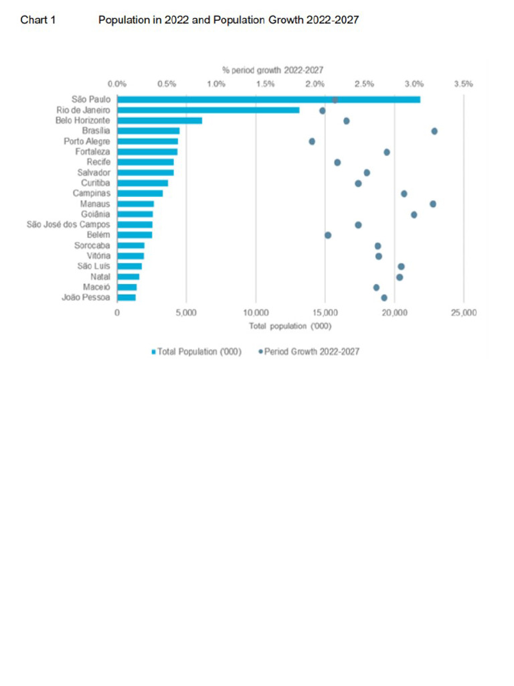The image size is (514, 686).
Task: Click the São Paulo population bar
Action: (x=268, y=100)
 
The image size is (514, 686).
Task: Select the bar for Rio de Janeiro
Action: (x=208, y=110)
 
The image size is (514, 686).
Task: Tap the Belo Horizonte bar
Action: (x=159, y=121)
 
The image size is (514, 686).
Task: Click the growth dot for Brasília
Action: (x=434, y=131)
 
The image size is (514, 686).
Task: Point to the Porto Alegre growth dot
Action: (x=312, y=141)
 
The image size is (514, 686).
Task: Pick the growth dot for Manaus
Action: (x=433, y=204)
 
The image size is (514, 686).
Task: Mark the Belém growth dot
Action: (x=328, y=235)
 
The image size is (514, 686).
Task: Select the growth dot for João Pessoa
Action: (x=384, y=297)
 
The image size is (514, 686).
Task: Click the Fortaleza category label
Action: (x=92, y=152)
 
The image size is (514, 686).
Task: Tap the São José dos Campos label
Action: (x=68, y=224)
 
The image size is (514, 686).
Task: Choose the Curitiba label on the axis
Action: (x=96, y=183)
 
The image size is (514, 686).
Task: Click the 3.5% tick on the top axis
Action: (x=463, y=84)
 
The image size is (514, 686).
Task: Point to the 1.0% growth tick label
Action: (x=216, y=84)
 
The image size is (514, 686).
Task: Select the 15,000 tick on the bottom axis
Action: (x=325, y=313)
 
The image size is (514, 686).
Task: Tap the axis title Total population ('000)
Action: (x=290, y=326)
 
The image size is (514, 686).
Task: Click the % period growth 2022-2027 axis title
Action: (x=273, y=70)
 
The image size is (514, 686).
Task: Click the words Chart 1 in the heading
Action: (x=37, y=20)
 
